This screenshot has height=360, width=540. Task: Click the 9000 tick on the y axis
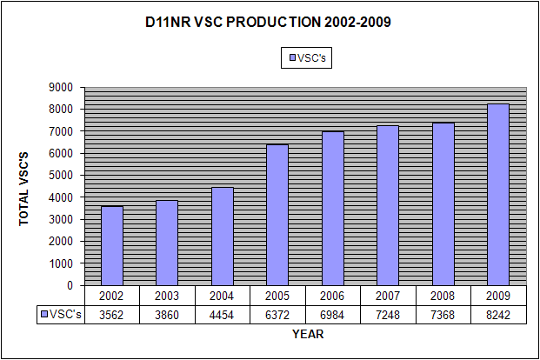click(x=62, y=87)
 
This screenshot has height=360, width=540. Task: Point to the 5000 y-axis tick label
click(x=62, y=175)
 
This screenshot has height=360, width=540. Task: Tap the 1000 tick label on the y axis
click(x=62, y=263)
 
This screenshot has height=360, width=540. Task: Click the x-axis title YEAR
click(x=308, y=334)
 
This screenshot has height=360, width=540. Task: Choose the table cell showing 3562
click(x=112, y=314)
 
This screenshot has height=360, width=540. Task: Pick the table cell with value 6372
click(x=277, y=314)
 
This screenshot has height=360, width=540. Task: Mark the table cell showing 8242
click(x=498, y=314)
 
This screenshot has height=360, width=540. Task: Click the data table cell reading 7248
click(x=388, y=314)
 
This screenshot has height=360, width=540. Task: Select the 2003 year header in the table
click(x=167, y=296)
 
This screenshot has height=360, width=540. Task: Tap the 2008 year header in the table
click(x=443, y=296)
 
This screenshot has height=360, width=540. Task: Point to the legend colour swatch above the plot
click(x=291, y=58)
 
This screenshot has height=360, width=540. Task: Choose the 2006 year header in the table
click(x=333, y=296)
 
